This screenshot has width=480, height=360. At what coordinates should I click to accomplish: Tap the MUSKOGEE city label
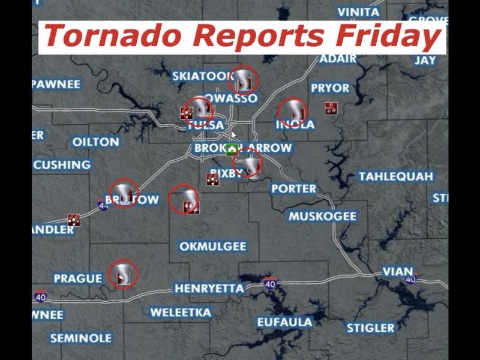point(322,216)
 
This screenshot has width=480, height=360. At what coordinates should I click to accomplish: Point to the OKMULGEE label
point(212,246)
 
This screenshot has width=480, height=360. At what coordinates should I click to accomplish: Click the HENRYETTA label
point(209,289)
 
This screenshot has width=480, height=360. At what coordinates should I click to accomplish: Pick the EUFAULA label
point(285,322)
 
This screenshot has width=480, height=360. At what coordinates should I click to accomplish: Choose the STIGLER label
point(371,328)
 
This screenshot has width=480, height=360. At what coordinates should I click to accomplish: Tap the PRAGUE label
point(78,278)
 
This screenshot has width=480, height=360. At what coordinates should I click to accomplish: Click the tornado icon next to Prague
point(124,274)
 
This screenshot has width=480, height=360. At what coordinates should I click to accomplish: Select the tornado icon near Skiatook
point(244,79)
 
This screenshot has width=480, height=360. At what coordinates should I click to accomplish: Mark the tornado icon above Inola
point(293,112)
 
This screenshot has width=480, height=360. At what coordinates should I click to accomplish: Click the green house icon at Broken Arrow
point(232,149)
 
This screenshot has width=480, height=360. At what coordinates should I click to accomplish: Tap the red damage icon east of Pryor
point(331,108)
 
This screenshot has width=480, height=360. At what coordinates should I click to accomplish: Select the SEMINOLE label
point(81,338)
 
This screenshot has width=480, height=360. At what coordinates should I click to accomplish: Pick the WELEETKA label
point(181,313)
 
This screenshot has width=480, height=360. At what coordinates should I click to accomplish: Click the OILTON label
point(95,142)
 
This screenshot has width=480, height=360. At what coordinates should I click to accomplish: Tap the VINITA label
point(358,12)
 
